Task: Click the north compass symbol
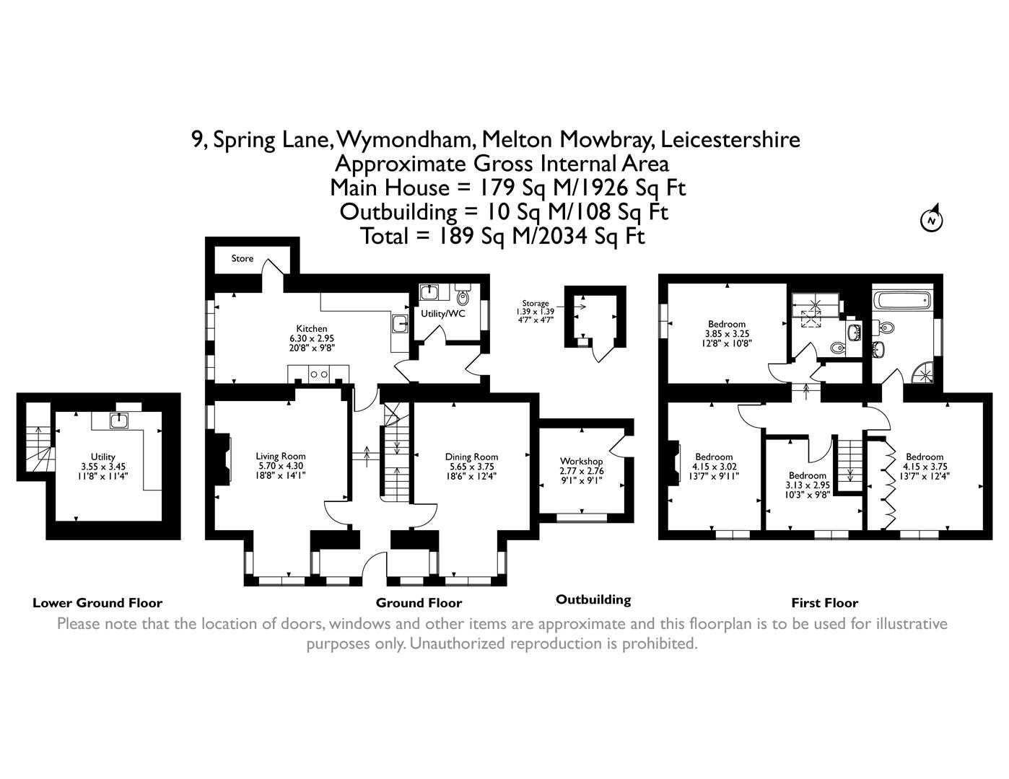(932, 219)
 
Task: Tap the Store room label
(243, 258)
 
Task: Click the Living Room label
(281, 456)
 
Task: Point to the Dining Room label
(471, 457)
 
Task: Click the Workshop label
(581, 461)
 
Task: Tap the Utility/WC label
(443, 314)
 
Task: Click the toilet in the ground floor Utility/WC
(463, 296)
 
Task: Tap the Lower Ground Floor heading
(97, 603)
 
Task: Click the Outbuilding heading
(593, 599)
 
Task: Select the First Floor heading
(824, 603)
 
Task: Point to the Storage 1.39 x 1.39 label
(535, 311)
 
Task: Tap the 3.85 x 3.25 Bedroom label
(726, 334)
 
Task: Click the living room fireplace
(224, 458)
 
